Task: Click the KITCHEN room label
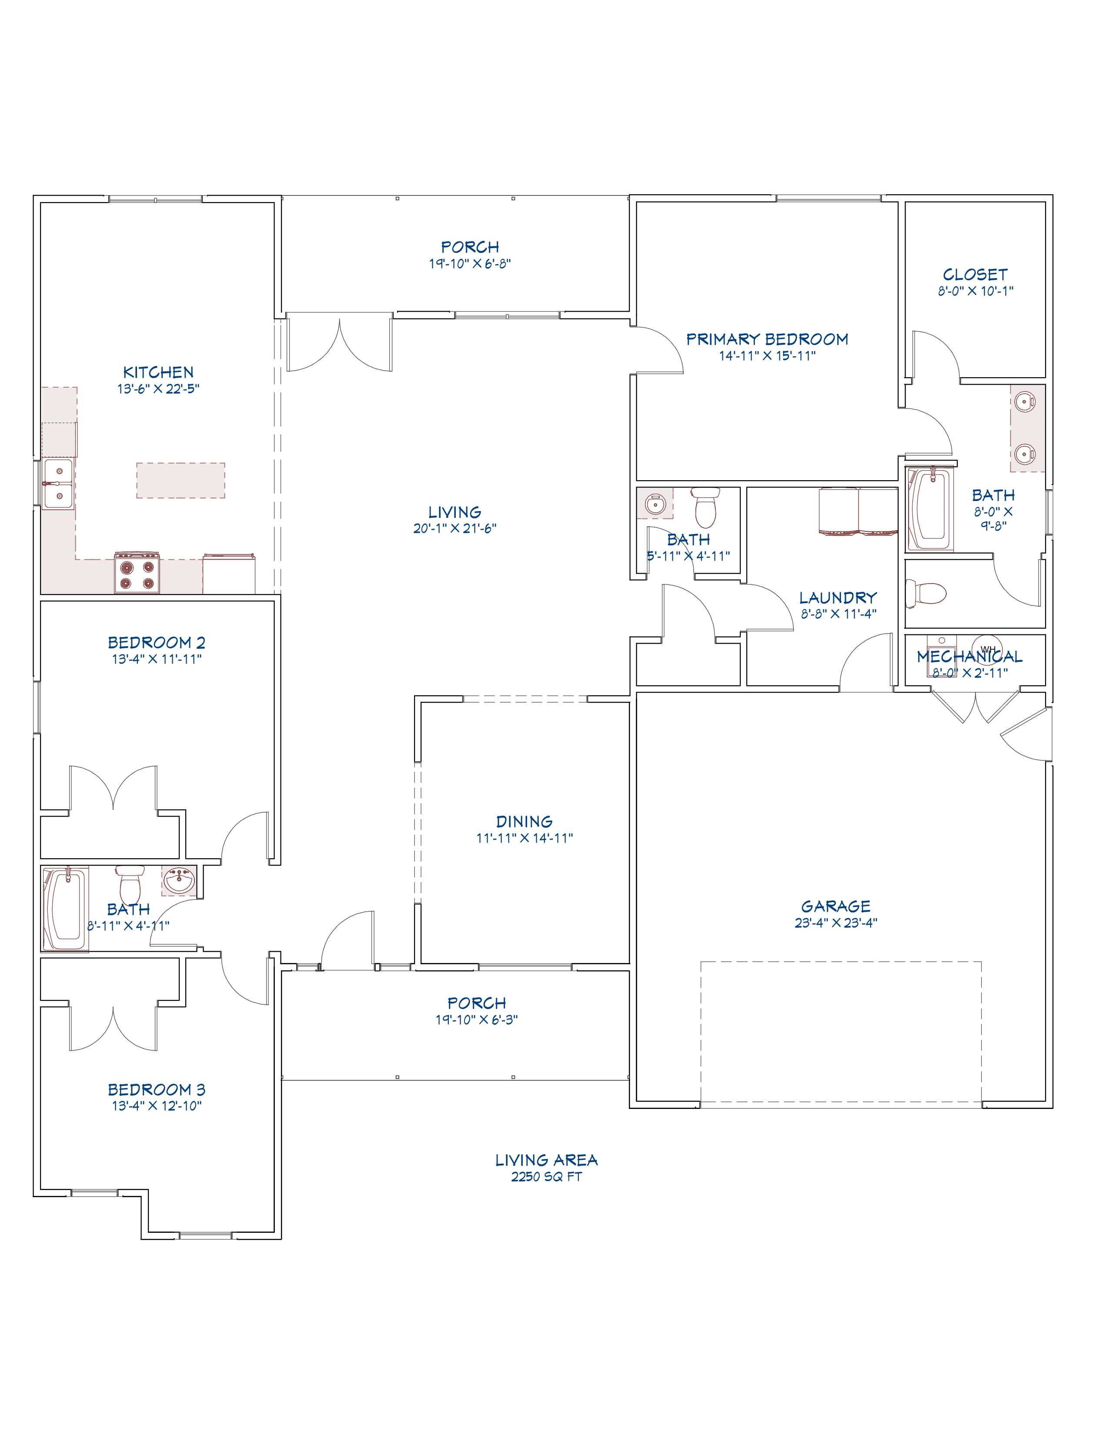pos(158,372)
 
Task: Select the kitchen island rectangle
pos(180,480)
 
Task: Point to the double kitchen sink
pos(58,484)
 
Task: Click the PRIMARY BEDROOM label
pos(767,339)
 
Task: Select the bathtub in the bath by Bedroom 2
pos(64,910)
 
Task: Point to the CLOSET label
pos(975,275)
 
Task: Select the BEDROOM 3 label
pos(157,1090)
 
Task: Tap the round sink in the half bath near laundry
pos(655,504)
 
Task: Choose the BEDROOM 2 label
pos(157,643)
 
